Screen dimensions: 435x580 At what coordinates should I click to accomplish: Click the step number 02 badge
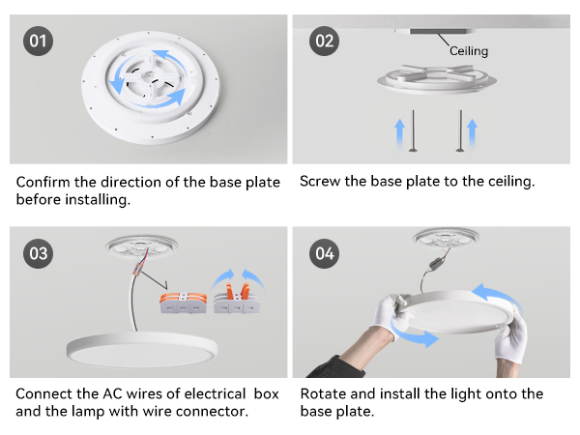323,42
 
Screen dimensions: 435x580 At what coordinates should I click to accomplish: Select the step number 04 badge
323,254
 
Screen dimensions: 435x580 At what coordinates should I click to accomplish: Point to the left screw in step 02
413,131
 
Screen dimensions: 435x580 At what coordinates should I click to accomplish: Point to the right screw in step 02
458,131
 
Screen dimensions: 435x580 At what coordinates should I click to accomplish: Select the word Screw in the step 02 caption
321,182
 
